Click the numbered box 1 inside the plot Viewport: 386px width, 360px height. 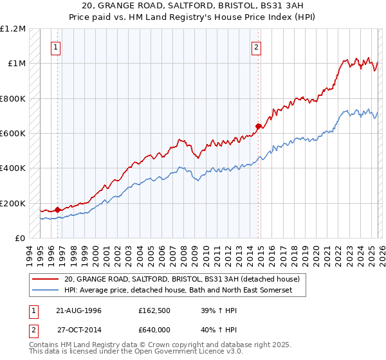pos(57,46)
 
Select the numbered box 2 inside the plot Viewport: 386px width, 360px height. pos(257,46)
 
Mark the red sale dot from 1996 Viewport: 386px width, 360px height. pos(58,209)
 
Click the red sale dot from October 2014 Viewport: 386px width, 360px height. pos(258,126)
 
